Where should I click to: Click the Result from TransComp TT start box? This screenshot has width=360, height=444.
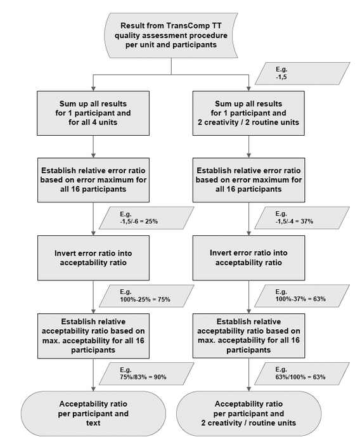coord(171,35)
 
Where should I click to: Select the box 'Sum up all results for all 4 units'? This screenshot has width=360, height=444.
coord(93,113)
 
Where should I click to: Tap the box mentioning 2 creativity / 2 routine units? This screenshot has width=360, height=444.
coord(248,113)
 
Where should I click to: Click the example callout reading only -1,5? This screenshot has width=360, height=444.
coord(302,74)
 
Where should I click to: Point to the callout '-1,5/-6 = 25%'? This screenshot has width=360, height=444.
coord(146,218)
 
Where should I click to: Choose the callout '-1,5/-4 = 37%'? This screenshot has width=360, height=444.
coord(302,218)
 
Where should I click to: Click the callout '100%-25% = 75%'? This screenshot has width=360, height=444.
coord(146,296)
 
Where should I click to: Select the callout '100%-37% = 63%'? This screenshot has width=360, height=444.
coord(302,296)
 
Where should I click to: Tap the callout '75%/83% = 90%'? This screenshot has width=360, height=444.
coord(146,374)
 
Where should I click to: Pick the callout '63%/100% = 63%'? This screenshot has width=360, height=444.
coord(302,374)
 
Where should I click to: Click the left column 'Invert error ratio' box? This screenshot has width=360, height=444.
coord(93,258)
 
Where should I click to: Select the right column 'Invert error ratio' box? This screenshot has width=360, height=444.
coord(249,258)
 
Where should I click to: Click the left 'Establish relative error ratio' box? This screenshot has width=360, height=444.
coord(93,180)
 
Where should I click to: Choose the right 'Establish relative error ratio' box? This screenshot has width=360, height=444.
coord(249,180)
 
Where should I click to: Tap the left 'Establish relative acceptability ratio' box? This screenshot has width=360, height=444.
coord(93,336)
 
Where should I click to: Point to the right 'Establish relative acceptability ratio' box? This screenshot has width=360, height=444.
coord(249,336)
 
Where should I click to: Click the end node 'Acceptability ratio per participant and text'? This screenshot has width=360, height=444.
coord(93,414)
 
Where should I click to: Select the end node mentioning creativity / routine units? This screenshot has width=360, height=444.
coord(249,414)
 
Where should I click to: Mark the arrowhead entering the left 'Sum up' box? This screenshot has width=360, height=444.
coord(93,88)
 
